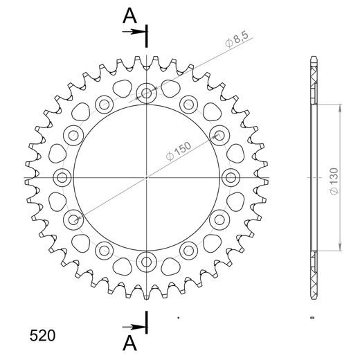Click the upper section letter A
(129, 15)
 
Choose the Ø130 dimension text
(334, 179)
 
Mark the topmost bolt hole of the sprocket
(147, 92)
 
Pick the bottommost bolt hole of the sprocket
(147, 262)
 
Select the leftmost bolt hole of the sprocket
(62, 177)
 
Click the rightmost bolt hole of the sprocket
(231, 177)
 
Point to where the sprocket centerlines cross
(147, 177)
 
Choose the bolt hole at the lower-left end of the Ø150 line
(73, 219)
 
